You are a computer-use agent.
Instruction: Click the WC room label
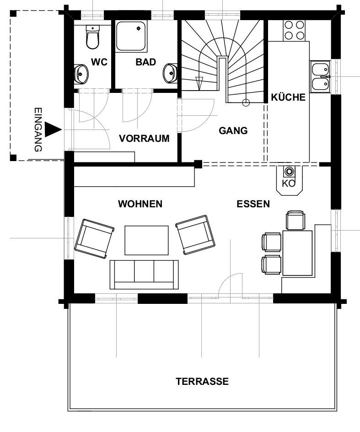pyautogui.click(x=99, y=62)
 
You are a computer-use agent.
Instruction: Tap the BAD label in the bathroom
pyautogui.click(x=146, y=62)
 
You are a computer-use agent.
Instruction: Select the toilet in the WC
pyautogui.click(x=92, y=37)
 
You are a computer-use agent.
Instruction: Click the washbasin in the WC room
pyautogui.click(x=81, y=74)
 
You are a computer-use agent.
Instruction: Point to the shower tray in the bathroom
pyautogui.click(x=131, y=36)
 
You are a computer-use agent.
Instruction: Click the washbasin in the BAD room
pyautogui.click(x=170, y=73)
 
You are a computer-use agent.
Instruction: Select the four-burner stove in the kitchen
pyautogui.click(x=294, y=30)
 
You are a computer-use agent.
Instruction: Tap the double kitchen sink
pyautogui.click(x=321, y=76)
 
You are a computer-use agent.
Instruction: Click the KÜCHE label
pyautogui.click(x=288, y=97)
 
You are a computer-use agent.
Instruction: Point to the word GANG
pyautogui.click(x=233, y=130)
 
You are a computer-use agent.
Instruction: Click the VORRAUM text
pyautogui.click(x=144, y=138)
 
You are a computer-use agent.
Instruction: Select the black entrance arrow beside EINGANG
pyautogui.click(x=53, y=130)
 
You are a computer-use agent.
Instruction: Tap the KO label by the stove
pyautogui.click(x=288, y=183)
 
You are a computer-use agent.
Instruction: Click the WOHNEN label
pyautogui.click(x=140, y=204)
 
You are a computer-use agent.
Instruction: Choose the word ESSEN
pyautogui.click(x=253, y=204)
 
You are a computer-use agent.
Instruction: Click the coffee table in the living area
pyautogui.click(x=146, y=240)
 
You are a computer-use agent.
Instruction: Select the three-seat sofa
pyautogui.click(x=144, y=275)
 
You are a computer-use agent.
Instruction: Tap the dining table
pyautogui.click(x=297, y=253)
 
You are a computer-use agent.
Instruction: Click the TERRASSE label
pyautogui.click(x=202, y=381)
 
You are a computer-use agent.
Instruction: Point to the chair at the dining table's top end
pyautogui.click(x=295, y=220)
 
